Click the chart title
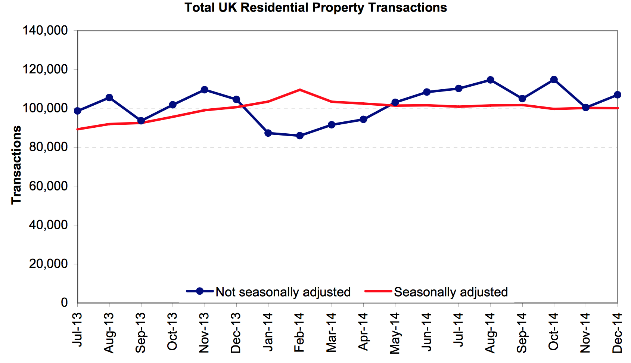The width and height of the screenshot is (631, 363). pyautogui.click(x=315, y=7)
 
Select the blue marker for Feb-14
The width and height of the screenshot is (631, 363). pyautogui.click(x=300, y=136)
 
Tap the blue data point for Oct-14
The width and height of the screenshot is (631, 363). pyautogui.click(x=554, y=80)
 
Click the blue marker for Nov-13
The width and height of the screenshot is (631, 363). pyautogui.click(x=205, y=90)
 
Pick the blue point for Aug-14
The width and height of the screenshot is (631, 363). pyautogui.click(x=490, y=80)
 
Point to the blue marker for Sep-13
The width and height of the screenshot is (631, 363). pyautogui.click(x=141, y=121)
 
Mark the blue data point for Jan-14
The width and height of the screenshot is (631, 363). pyautogui.click(x=268, y=133)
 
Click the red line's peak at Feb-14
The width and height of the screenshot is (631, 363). pyautogui.click(x=300, y=90)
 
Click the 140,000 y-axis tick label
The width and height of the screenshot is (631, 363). pyautogui.click(x=45, y=30)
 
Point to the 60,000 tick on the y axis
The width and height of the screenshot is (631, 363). pyautogui.click(x=48, y=186)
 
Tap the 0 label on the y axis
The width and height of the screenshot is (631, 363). pyautogui.click(x=64, y=302)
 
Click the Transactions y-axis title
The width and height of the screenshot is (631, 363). pyautogui.click(x=16, y=165)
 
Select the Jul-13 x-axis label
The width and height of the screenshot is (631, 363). pyautogui.click(x=77, y=329)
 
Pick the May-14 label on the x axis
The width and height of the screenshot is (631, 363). pyautogui.click(x=395, y=332)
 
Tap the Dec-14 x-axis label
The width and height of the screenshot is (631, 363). pyautogui.click(x=617, y=332)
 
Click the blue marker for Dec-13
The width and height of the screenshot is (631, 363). pyautogui.click(x=236, y=99)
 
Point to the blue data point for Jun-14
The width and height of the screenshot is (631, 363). pyautogui.click(x=427, y=92)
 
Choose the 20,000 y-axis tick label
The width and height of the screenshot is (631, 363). pyautogui.click(x=48, y=264)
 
